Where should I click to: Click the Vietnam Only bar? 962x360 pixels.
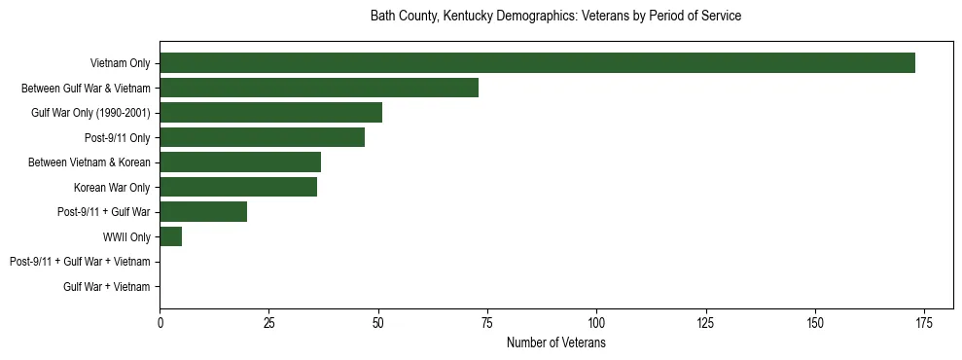tap(537, 63)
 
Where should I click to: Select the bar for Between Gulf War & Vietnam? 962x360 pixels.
tap(319, 88)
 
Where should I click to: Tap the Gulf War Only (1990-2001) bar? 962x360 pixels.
tap(270, 113)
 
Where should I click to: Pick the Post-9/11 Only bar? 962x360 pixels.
tap(262, 137)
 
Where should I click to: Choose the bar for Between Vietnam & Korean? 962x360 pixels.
tap(240, 162)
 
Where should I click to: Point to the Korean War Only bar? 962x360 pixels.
tap(238, 187)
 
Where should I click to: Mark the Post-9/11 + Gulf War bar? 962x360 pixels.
tap(203, 212)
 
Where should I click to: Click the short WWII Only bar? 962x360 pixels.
tap(171, 236)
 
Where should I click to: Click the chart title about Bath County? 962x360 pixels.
tap(555, 17)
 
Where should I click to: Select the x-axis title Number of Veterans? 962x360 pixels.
tap(555, 343)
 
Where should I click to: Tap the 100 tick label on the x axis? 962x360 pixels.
tap(596, 323)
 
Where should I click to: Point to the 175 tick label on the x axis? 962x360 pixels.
tap(924, 323)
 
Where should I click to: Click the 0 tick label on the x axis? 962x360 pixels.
tap(160, 323)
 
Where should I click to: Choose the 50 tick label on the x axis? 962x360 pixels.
tap(378, 323)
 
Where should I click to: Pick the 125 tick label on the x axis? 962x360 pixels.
tap(706, 323)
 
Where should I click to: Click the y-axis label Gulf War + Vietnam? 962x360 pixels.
tap(107, 287)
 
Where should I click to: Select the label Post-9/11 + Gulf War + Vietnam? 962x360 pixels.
tap(80, 262)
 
